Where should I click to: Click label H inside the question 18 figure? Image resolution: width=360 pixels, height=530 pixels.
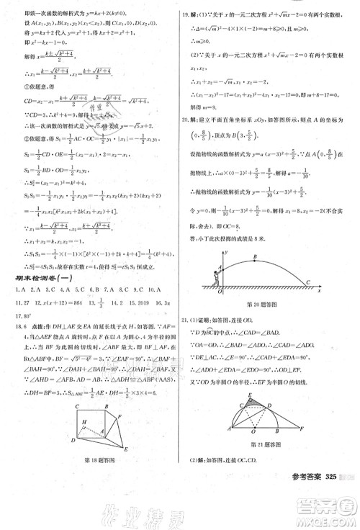[x=85, y=422]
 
